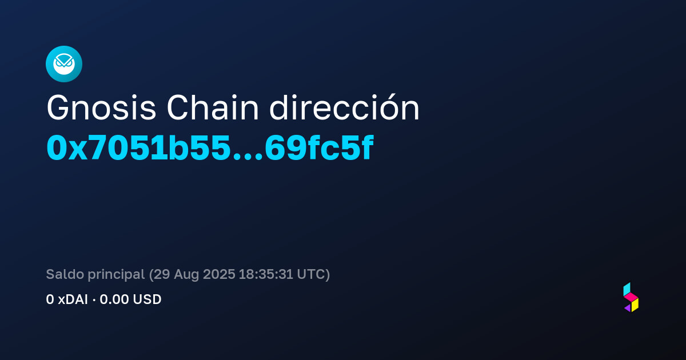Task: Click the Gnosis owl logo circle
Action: (64, 64)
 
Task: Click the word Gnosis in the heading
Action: (101, 108)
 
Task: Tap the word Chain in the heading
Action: (213, 107)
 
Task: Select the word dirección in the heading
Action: (344, 107)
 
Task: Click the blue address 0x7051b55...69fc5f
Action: (210, 148)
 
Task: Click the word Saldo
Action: (65, 274)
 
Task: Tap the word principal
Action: (117, 275)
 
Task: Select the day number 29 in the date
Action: (162, 274)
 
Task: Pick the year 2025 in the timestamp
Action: (219, 274)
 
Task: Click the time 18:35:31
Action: (266, 274)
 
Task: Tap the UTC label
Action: (311, 274)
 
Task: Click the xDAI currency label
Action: (73, 299)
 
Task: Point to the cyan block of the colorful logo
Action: (627, 289)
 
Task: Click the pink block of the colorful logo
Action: (631, 297)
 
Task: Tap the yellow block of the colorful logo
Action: (635, 305)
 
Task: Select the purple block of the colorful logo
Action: (628, 308)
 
